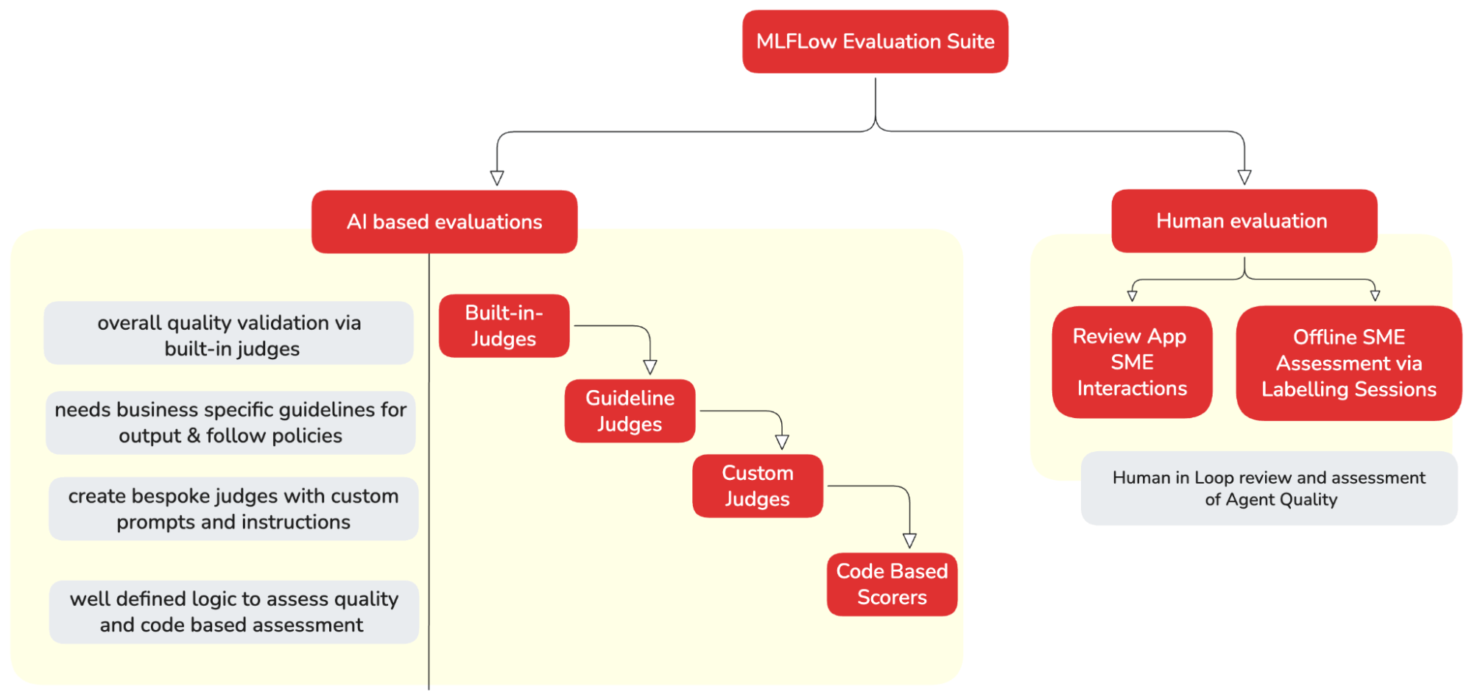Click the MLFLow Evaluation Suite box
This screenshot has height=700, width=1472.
pyautogui.click(x=875, y=41)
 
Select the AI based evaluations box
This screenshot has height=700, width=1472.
pyautogui.click(x=444, y=222)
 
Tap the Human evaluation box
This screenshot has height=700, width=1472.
pyautogui.click(x=1244, y=221)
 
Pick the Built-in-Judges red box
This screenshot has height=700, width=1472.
pyautogui.click(x=504, y=325)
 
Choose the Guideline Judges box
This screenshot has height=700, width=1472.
pyautogui.click(x=630, y=411)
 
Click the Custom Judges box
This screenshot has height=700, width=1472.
pyautogui.click(x=757, y=486)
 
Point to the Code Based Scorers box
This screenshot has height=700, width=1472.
pyautogui.click(x=892, y=584)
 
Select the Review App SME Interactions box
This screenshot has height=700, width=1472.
pyautogui.click(x=1132, y=362)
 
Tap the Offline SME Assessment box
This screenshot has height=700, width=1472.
pyautogui.click(x=1348, y=363)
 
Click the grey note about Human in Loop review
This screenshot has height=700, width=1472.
pyautogui.click(x=1269, y=488)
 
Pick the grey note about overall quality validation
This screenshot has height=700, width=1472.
pyautogui.click(x=229, y=335)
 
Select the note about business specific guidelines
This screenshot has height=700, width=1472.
pyautogui.click(x=230, y=423)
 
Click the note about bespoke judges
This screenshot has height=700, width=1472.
pyautogui.click(x=233, y=509)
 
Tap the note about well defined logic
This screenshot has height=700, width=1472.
pyautogui.click(x=233, y=612)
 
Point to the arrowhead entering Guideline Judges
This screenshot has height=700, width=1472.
pyautogui.click(x=650, y=367)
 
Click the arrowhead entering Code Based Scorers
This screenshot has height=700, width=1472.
pyautogui.click(x=909, y=540)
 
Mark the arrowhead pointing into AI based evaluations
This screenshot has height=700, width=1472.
pyautogui.click(x=497, y=177)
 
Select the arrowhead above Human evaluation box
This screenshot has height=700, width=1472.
pyautogui.click(x=1244, y=177)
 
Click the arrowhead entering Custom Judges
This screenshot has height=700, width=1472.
pyautogui.click(x=782, y=442)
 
